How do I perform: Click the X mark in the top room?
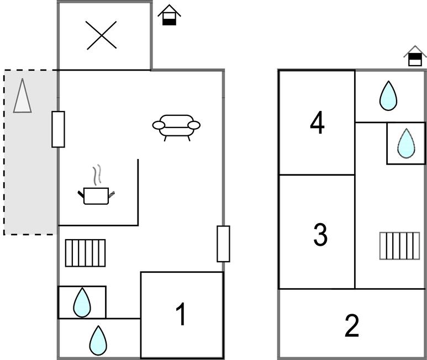click(101, 35)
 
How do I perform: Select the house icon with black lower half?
click(169, 15)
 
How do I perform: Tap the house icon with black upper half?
click(415, 56)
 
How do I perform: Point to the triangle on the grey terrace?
click(22, 96)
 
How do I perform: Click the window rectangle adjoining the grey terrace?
click(58, 129)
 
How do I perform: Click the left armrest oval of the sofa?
click(159, 125)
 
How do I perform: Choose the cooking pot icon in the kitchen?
click(96, 195)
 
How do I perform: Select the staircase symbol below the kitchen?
click(85, 253)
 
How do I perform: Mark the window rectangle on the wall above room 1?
click(223, 244)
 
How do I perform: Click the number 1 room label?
click(181, 314)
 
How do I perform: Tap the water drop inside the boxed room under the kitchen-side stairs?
click(82, 303)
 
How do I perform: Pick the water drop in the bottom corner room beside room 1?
click(98, 341)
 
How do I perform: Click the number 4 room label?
click(317, 123)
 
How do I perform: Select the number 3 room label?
click(320, 235)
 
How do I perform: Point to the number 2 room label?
click(352, 325)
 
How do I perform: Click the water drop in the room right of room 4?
click(388, 96)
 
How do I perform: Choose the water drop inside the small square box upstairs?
click(407, 144)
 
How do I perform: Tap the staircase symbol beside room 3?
click(400, 246)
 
